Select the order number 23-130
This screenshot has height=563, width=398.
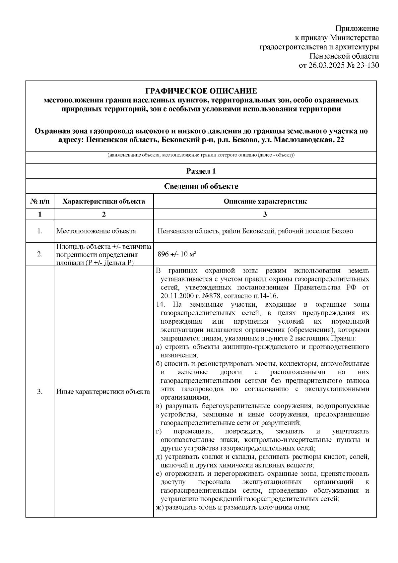pos(368,65)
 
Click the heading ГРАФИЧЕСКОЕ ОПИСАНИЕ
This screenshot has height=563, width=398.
pos(201,91)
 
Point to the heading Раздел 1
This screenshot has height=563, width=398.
pos(201,171)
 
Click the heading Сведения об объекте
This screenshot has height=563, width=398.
pos(201,186)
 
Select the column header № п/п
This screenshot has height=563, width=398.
pos(40,201)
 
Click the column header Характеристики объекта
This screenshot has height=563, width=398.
pos(104,201)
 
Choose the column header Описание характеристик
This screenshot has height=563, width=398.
pos(265,201)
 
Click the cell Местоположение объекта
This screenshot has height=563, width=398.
pos(96,231)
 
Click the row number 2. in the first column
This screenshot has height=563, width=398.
pos(40,254)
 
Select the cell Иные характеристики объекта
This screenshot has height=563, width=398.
pos(103,392)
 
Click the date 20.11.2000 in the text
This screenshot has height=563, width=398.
pos(175,296)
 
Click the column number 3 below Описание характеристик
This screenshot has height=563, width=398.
pos(265,214)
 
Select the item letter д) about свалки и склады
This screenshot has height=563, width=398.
pos(159,457)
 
